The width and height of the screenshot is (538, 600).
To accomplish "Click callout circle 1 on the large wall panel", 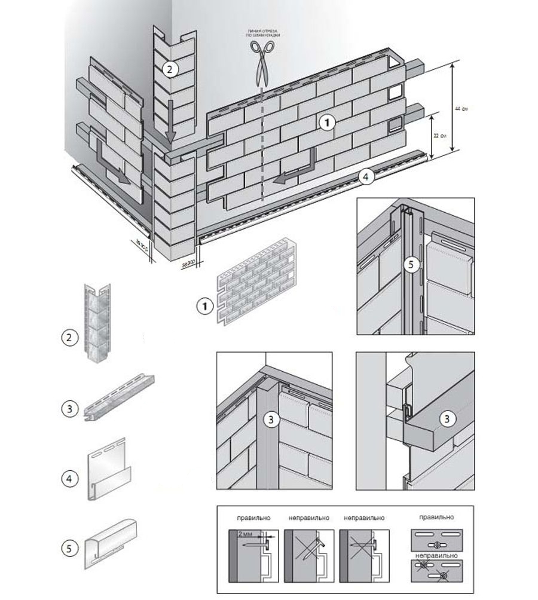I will click(x=326, y=123).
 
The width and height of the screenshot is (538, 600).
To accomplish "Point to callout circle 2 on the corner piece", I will click(x=169, y=69).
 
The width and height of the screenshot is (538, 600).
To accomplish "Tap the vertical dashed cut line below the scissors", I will click(x=261, y=149).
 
